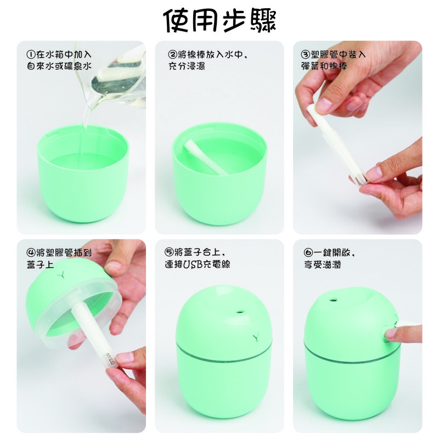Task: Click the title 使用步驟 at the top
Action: point(219,20)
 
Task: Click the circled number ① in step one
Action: point(31,54)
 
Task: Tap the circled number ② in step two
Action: point(172,54)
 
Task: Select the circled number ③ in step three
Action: point(305,54)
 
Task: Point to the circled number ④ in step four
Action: point(31,252)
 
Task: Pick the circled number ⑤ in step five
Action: point(169,252)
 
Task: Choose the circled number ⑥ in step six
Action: point(308,252)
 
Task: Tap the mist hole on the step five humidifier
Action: point(240,312)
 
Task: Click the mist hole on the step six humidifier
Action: point(333,300)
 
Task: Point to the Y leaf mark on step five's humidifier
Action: point(256,337)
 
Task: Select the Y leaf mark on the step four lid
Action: point(61,275)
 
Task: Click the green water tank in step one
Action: point(83,173)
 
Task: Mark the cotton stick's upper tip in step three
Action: point(310,107)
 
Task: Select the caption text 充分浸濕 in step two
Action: point(187,66)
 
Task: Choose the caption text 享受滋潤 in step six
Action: point(323,264)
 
